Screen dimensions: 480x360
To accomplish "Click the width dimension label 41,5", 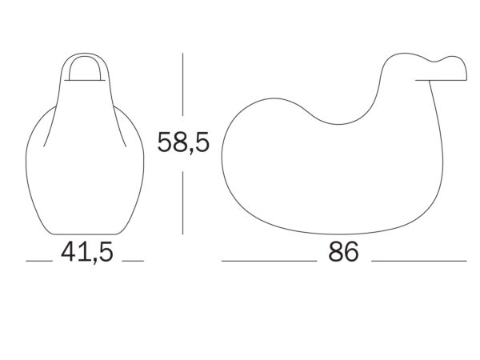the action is [x=87, y=252].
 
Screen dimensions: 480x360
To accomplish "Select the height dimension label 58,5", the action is [x=183, y=142].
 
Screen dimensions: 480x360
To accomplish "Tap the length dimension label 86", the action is [x=343, y=252].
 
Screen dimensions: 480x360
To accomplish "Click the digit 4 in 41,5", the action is [x=68, y=252].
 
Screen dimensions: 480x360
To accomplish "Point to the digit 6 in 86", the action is [x=351, y=252].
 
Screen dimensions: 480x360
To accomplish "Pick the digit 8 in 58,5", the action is [x=181, y=142].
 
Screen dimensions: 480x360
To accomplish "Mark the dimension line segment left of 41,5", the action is [x=39, y=261].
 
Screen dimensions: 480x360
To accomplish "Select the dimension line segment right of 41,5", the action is [x=133, y=261].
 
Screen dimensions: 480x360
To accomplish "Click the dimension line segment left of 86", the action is [x=269, y=261].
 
